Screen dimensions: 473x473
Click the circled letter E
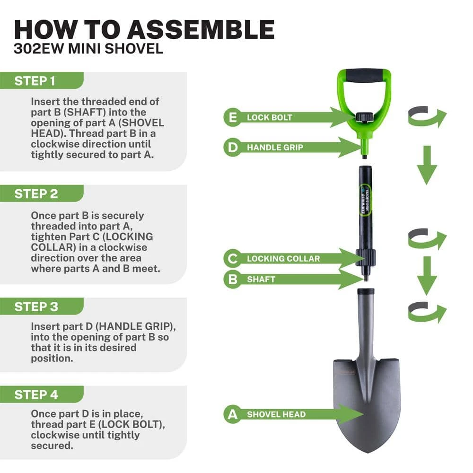click(233, 118)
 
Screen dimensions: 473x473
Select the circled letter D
click(233, 148)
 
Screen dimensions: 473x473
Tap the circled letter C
click(233, 259)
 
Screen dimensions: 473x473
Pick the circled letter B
click(233, 280)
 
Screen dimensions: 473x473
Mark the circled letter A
click(233, 415)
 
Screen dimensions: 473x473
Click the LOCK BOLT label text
click(270, 118)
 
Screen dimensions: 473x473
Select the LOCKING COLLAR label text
click(283, 259)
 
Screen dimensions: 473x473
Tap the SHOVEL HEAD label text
click(276, 415)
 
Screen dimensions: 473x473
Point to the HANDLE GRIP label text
click(275, 148)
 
